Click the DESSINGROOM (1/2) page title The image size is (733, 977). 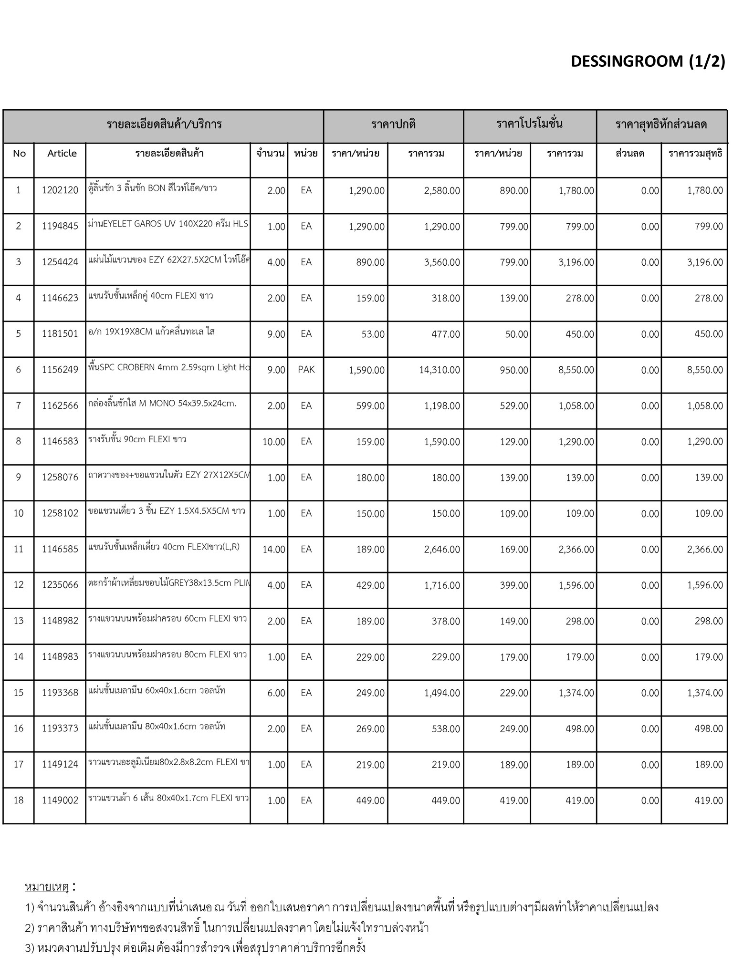(x=648, y=61)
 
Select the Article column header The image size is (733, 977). (x=62, y=153)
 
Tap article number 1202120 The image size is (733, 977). (x=60, y=190)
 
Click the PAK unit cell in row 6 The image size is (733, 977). (x=306, y=370)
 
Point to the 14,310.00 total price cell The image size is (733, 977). (x=440, y=370)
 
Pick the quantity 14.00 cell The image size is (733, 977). (x=274, y=549)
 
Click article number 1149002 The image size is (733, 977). (x=60, y=800)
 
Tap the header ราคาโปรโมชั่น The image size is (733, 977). (x=529, y=124)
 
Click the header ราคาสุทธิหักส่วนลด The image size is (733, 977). (x=661, y=125)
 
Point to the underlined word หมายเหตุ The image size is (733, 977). (x=47, y=887)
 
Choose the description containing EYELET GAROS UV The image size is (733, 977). (x=168, y=224)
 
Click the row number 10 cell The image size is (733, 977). (x=19, y=513)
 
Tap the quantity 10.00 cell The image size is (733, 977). (x=274, y=442)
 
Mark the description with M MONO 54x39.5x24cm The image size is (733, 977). (x=162, y=404)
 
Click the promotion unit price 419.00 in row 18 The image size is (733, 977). (x=514, y=800)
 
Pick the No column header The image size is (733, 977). (x=20, y=153)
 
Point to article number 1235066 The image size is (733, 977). (x=60, y=585)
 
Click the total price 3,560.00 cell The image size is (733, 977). (x=442, y=262)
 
